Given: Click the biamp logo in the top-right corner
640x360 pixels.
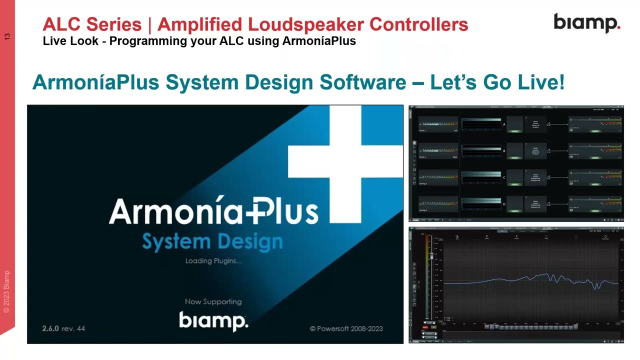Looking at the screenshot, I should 586,23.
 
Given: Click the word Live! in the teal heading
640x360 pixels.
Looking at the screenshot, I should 541,82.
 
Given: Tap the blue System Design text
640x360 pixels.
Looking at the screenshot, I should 212,242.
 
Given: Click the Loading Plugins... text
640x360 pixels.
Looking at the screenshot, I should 213,261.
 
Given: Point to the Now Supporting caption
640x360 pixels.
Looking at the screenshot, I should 213,301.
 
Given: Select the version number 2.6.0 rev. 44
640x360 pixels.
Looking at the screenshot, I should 63,328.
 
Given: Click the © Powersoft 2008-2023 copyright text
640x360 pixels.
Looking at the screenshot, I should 346,328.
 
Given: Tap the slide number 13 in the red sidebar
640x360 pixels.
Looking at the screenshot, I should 7,36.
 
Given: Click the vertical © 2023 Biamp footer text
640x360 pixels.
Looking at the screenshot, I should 6,292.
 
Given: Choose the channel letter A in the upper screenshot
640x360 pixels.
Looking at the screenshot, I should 504,124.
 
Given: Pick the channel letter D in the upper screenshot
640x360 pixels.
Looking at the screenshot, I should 504,204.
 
